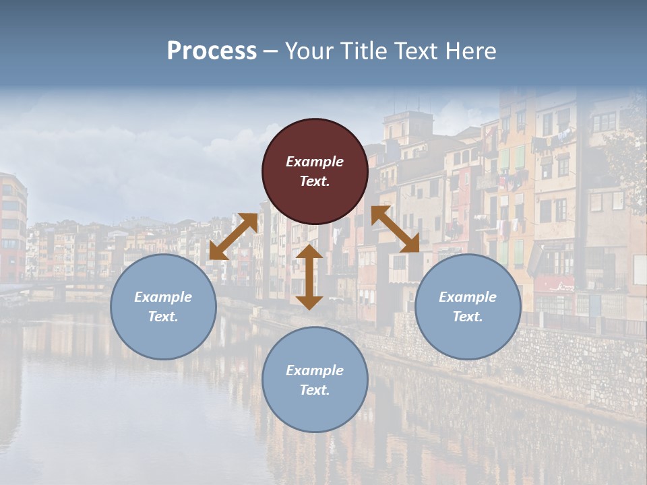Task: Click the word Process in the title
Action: pyautogui.click(x=212, y=51)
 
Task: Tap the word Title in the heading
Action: pyautogui.click(x=362, y=51)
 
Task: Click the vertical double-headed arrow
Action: pyautogui.click(x=309, y=277)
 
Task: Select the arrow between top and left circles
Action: pyautogui.click(x=233, y=236)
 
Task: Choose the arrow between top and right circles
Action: pyautogui.click(x=395, y=229)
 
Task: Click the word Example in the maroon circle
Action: pyautogui.click(x=315, y=162)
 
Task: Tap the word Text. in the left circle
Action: pyautogui.click(x=163, y=317)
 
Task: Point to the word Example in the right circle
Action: pyautogui.click(x=468, y=297)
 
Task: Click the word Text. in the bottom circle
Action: pyautogui.click(x=315, y=390)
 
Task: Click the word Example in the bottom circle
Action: pyautogui.click(x=315, y=370)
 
